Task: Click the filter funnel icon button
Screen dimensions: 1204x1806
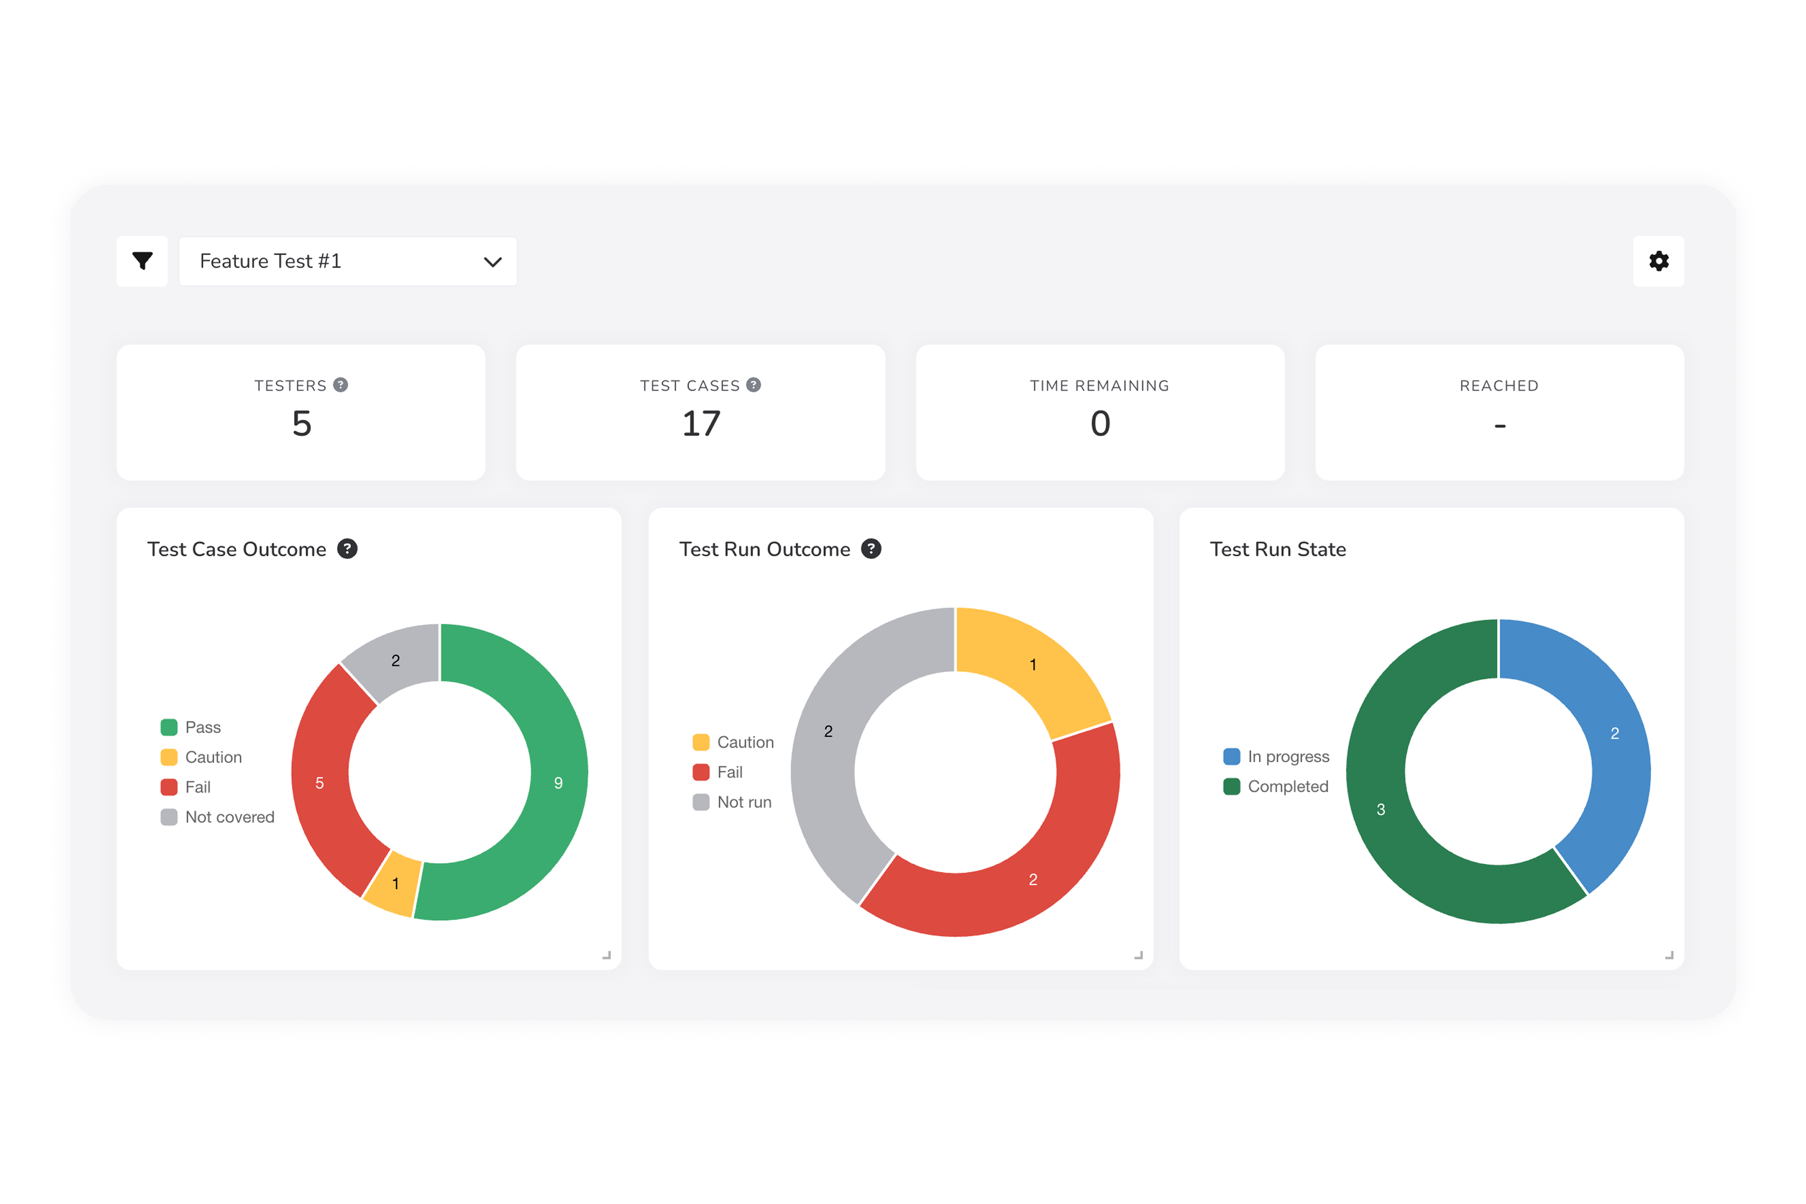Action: coord(142,261)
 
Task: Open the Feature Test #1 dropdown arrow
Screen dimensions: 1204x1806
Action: coord(492,262)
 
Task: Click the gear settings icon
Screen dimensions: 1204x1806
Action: coord(1659,261)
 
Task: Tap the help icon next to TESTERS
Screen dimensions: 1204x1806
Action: coord(341,385)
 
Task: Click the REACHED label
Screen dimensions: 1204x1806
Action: coord(1499,385)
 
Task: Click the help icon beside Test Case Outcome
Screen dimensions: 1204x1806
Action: coord(347,549)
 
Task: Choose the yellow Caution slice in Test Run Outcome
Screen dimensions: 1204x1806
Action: coord(1033,665)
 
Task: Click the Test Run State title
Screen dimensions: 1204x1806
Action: coord(1278,549)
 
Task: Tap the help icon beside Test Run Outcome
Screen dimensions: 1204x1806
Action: coord(871,549)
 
